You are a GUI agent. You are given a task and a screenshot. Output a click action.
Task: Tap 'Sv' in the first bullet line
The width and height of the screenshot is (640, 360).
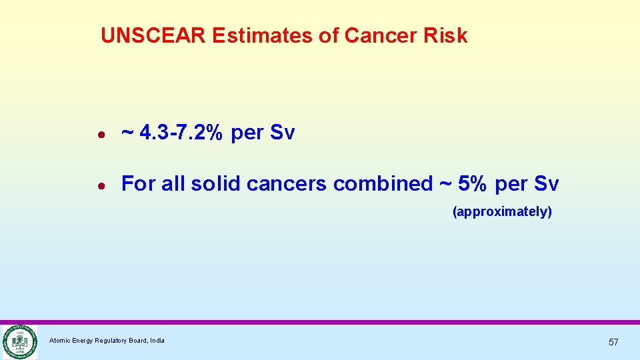(x=282, y=133)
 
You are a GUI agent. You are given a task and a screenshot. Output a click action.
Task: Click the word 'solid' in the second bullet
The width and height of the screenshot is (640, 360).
(x=215, y=183)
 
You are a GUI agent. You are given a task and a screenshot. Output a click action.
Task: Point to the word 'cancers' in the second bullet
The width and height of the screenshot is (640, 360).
(x=287, y=183)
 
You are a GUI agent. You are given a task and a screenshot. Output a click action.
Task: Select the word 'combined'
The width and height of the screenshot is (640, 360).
(x=383, y=183)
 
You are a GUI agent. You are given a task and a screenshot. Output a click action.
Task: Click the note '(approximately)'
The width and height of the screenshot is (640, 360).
(x=502, y=212)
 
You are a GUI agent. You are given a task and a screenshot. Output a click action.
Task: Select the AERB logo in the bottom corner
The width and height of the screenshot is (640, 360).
(x=19, y=341)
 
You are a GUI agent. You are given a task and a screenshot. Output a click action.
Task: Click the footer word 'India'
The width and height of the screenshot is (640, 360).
(x=157, y=341)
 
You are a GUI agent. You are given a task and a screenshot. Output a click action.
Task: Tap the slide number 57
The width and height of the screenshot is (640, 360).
(x=613, y=342)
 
